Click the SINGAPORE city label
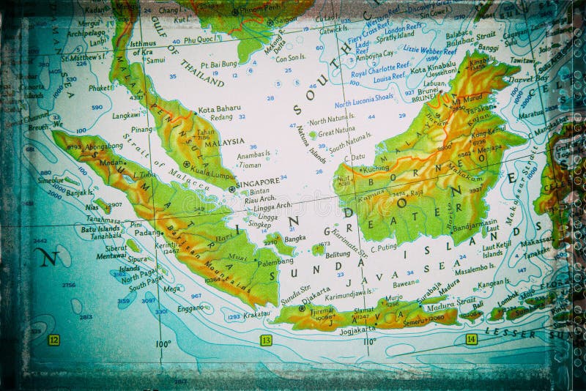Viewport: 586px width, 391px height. [260, 182]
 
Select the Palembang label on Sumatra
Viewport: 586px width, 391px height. [275, 261]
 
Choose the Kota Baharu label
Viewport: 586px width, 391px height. [219, 108]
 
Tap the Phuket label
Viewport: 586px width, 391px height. [100, 88]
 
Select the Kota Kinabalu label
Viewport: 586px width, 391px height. [433, 70]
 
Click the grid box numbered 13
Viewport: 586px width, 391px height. [266, 340]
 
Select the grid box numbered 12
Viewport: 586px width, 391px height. [53, 340]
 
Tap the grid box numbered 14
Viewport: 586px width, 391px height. [471, 339]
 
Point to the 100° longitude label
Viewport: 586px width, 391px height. [163, 343]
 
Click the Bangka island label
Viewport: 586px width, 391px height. [294, 238]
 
